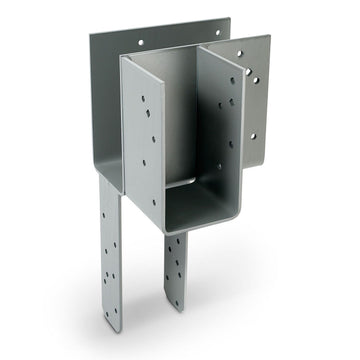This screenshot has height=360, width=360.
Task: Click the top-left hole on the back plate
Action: coord(139,43)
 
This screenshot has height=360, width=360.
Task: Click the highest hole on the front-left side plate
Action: coord(142,98)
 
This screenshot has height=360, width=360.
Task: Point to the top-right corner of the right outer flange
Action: coord(269,37)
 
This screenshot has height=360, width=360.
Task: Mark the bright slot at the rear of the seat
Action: coord(180,181)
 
